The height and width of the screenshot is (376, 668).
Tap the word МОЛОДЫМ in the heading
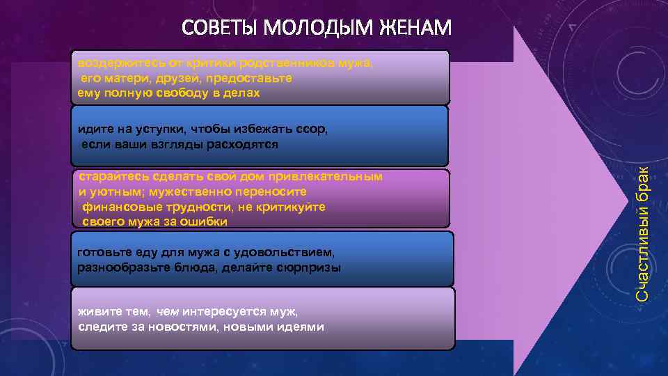(x=319, y=29)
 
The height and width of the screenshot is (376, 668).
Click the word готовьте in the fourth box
(x=103, y=252)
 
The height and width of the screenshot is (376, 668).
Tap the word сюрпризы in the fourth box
(x=310, y=267)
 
